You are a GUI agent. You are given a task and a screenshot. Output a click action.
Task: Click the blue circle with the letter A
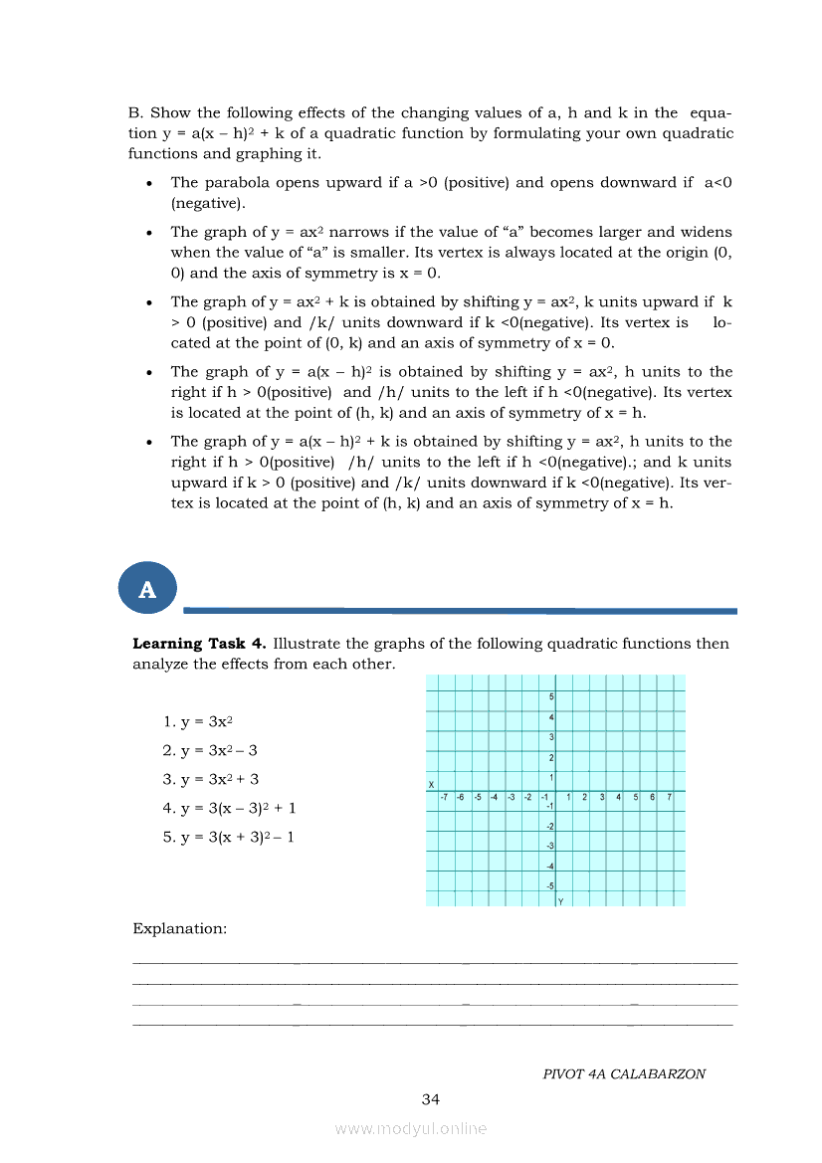tap(147, 589)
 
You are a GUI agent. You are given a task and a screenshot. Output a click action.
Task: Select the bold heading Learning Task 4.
tap(199, 644)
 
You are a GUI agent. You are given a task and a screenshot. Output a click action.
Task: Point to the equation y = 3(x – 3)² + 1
tap(229, 808)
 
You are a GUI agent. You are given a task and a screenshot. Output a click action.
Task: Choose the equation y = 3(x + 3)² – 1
tap(229, 837)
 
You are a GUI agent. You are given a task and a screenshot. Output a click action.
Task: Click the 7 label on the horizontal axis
tap(669, 797)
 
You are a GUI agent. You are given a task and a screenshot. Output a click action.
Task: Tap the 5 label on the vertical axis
tap(550, 697)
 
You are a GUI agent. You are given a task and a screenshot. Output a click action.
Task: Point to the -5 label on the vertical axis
tap(549, 886)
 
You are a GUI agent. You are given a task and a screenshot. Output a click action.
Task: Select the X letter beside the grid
tap(431, 785)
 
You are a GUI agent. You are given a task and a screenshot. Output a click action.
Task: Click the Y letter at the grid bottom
tap(560, 901)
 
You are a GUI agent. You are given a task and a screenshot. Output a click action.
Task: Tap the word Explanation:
tap(179, 928)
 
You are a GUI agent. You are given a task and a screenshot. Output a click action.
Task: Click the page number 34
tap(430, 1099)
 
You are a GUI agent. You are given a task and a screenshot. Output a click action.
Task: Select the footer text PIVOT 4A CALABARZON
tap(624, 1074)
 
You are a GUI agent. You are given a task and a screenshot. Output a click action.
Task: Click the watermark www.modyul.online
tap(411, 1128)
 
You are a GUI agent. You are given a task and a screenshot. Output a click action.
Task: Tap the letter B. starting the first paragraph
tap(136, 113)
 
